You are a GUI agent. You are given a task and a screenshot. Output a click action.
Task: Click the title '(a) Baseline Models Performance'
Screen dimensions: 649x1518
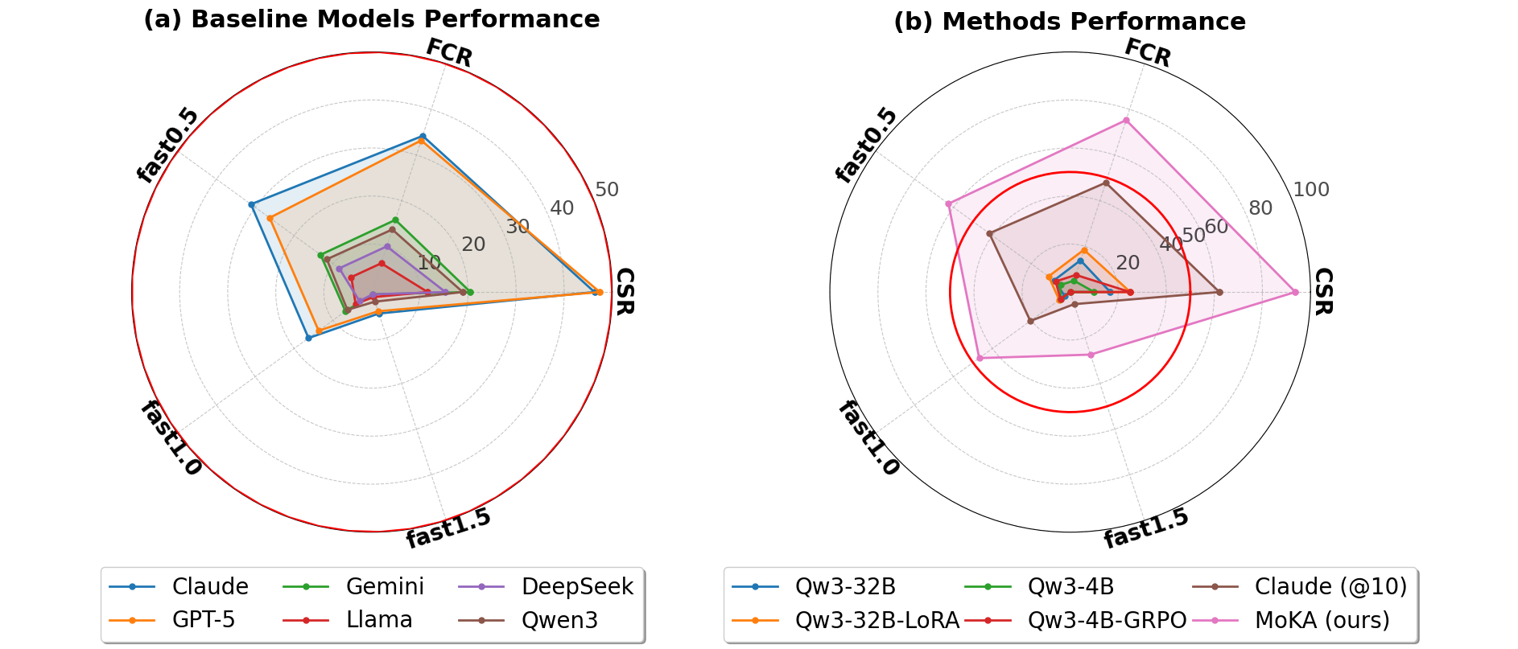(371, 19)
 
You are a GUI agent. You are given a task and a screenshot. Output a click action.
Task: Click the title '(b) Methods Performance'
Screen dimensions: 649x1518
(1070, 22)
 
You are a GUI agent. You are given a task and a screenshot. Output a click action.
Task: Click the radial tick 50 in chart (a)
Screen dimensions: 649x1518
(607, 190)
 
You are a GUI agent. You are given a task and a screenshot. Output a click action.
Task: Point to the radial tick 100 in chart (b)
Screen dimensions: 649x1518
(1311, 190)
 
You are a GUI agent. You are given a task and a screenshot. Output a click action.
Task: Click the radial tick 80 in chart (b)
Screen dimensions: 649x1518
(1260, 208)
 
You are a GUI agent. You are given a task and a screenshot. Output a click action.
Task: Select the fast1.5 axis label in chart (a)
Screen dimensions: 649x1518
(448, 528)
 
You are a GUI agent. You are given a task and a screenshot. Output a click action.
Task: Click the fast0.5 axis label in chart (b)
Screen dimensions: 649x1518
(866, 145)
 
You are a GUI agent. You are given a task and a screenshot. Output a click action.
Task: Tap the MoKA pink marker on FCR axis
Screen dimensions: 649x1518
(1126, 121)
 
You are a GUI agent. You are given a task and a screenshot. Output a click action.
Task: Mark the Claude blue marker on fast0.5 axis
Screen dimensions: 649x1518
(252, 204)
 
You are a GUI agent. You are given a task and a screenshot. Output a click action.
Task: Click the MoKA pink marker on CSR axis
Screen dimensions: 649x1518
(1295, 292)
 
